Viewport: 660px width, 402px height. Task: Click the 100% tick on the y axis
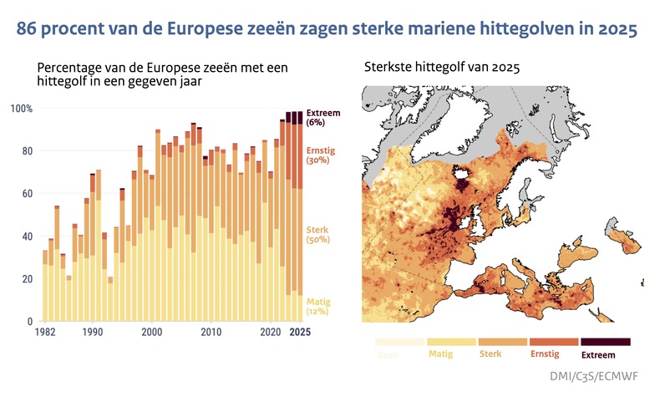click(x=21, y=109)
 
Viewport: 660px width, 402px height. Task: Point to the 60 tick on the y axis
click(x=26, y=194)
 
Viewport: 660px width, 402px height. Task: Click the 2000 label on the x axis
click(x=151, y=333)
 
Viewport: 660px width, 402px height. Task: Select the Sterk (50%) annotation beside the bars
click(x=318, y=234)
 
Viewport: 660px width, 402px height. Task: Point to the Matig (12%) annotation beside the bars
click(x=318, y=306)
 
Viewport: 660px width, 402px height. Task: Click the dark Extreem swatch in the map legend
click(x=605, y=342)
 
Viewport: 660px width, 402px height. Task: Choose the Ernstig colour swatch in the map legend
click(x=554, y=342)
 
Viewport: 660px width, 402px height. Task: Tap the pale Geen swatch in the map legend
click(x=399, y=342)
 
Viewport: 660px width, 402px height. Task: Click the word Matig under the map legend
click(x=441, y=354)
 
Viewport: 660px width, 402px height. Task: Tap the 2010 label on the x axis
click(x=211, y=333)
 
